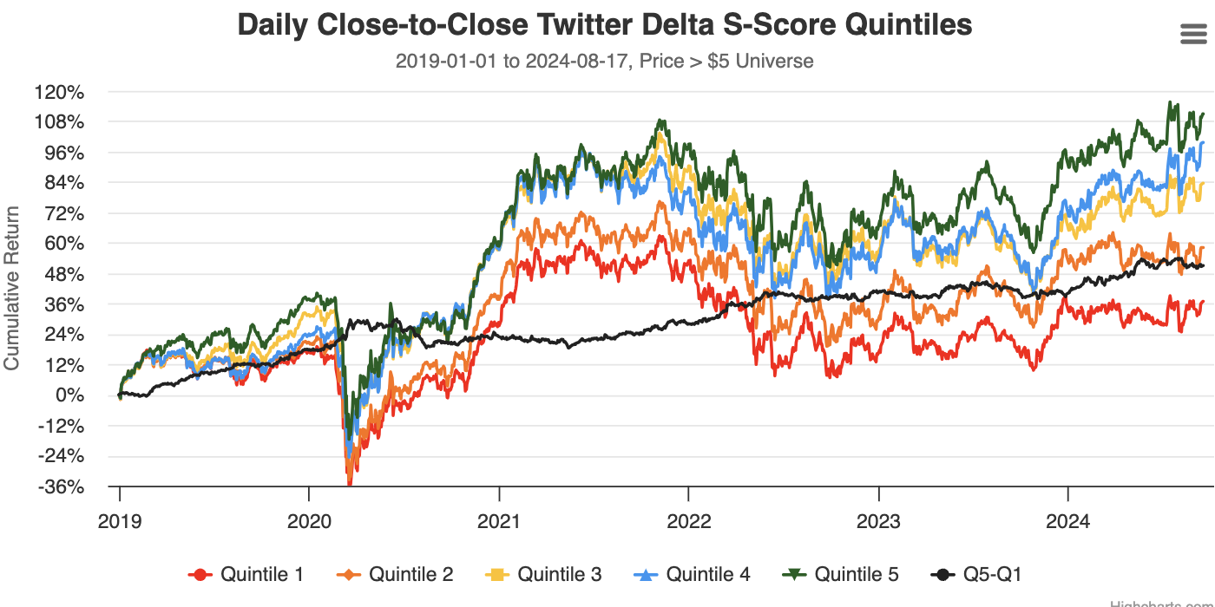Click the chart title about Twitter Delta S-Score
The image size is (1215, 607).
(605, 25)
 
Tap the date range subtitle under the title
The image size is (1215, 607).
(604, 61)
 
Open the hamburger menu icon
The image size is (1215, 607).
(1194, 34)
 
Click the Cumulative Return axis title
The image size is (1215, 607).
(12, 287)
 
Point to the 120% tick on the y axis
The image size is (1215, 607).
(59, 92)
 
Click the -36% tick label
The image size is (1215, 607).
(61, 486)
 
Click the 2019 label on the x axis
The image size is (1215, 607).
(120, 520)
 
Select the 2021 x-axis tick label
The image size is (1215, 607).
(499, 520)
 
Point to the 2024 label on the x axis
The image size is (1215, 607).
(1067, 520)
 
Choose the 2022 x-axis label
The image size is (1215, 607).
(688, 520)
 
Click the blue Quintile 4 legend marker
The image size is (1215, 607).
(647, 574)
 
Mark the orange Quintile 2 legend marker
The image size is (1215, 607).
(350, 574)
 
